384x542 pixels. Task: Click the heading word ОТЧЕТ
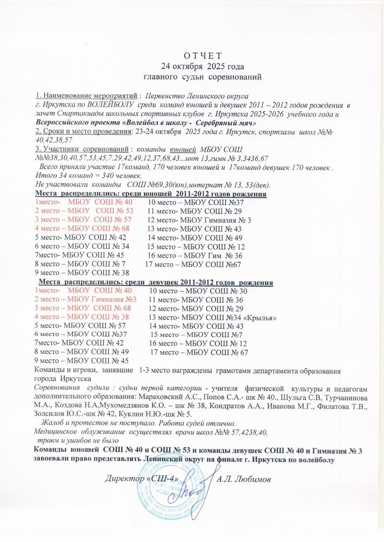tap(196, 56)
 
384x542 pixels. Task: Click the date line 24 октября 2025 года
tap(196, 66)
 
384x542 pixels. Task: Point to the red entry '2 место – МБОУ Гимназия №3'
tap(86, 300)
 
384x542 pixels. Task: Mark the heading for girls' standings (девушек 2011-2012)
tap(155, 283)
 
